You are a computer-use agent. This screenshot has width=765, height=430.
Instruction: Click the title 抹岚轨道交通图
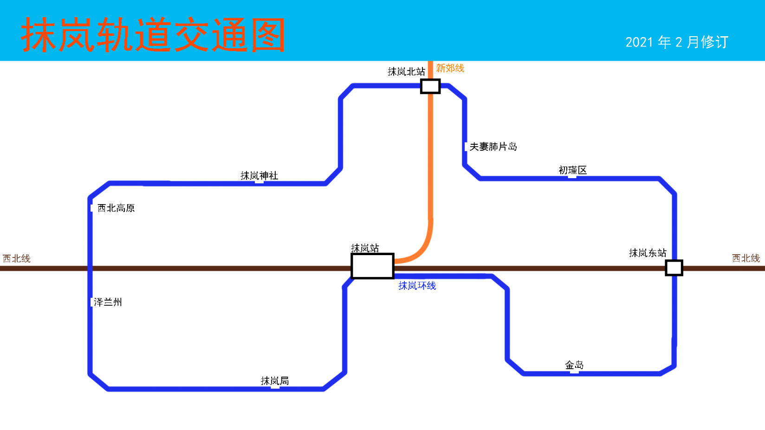coord(153,35)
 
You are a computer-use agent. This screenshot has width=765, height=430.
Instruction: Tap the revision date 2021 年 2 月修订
coord(676,42)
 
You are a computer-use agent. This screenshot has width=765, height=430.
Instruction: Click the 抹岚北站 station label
coord(406,71)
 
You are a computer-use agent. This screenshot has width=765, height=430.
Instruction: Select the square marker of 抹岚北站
coord(430,86)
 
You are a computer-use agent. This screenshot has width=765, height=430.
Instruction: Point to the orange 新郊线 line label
coord(450,68)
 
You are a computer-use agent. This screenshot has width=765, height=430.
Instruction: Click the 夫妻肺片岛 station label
coord(493,147)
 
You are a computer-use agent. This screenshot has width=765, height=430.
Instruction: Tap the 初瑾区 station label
coord(572,170)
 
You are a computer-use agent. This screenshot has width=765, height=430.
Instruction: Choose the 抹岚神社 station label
coord(259,175)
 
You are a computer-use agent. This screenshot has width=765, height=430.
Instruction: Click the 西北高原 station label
coord(116,208)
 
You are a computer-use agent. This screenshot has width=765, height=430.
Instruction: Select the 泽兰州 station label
coord(108,302)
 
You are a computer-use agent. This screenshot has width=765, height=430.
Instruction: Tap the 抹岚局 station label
coord(275,381)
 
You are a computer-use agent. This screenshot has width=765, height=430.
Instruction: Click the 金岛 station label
coord(574,365)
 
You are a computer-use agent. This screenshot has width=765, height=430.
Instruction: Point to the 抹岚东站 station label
coord(648,253)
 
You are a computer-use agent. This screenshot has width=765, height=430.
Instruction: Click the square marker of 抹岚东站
coord(674,268)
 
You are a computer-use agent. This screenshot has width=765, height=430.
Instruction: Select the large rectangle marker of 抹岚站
coord(372,266)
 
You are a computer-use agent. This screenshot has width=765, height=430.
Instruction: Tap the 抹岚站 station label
coord(365,248)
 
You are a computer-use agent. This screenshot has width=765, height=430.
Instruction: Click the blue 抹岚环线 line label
coord(417,286)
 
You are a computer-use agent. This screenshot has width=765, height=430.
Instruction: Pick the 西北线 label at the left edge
coord(17,258)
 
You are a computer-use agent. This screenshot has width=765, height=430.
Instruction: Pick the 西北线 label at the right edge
coord(746,258)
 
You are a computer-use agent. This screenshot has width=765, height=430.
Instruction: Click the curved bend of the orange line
coord(423,248)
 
